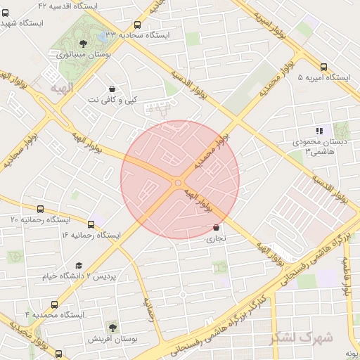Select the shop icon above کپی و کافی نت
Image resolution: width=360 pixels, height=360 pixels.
point(112,89)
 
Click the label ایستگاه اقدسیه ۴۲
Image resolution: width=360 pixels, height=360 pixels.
point(67,5)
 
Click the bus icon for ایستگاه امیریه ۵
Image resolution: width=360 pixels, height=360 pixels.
point(323,67)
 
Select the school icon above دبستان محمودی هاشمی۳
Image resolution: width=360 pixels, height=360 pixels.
point(319,130)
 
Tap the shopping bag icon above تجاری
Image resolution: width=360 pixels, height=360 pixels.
point(216,227)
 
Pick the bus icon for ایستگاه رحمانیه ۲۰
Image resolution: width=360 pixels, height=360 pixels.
point(40,209)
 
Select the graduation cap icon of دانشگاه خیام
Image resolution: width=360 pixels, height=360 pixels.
point(78,265)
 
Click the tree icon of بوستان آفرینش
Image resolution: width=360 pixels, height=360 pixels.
point(112,326)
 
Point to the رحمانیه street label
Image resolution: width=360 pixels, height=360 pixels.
point(150,310)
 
